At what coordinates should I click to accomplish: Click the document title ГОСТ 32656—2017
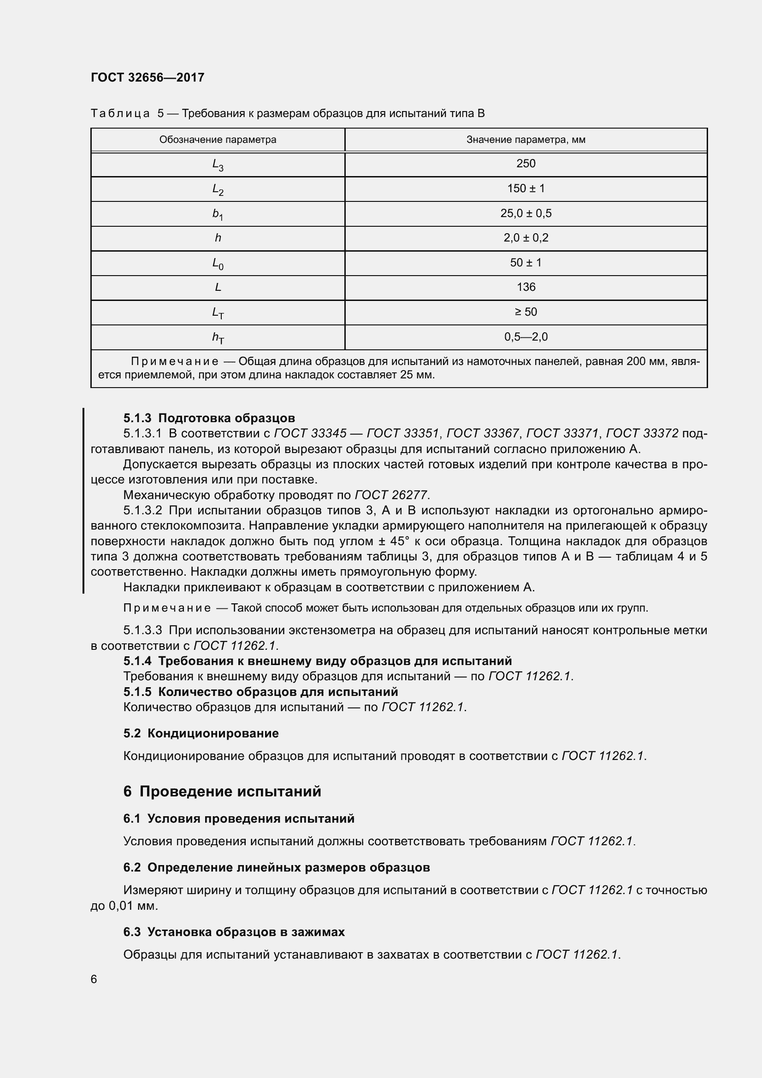148,77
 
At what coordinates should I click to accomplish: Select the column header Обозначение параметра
218,140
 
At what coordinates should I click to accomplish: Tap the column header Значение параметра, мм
526,140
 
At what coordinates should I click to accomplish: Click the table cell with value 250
526,164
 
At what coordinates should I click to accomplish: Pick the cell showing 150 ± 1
526,189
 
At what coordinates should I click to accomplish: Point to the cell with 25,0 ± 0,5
526,213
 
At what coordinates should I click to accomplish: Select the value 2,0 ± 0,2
526,237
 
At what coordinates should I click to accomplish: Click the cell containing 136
526,287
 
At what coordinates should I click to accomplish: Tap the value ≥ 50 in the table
526,312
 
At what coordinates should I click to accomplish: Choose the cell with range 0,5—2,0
526,336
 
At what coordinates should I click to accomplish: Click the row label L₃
218,165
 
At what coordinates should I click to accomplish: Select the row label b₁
218,214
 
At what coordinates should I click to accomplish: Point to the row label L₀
218,264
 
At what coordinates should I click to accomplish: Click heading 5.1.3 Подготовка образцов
209,418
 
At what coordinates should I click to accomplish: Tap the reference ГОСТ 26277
391,495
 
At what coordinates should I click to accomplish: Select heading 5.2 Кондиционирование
201,733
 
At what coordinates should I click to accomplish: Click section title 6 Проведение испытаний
222,792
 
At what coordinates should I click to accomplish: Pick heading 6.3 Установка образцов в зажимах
234,932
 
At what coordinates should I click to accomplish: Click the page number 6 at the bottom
94,979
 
